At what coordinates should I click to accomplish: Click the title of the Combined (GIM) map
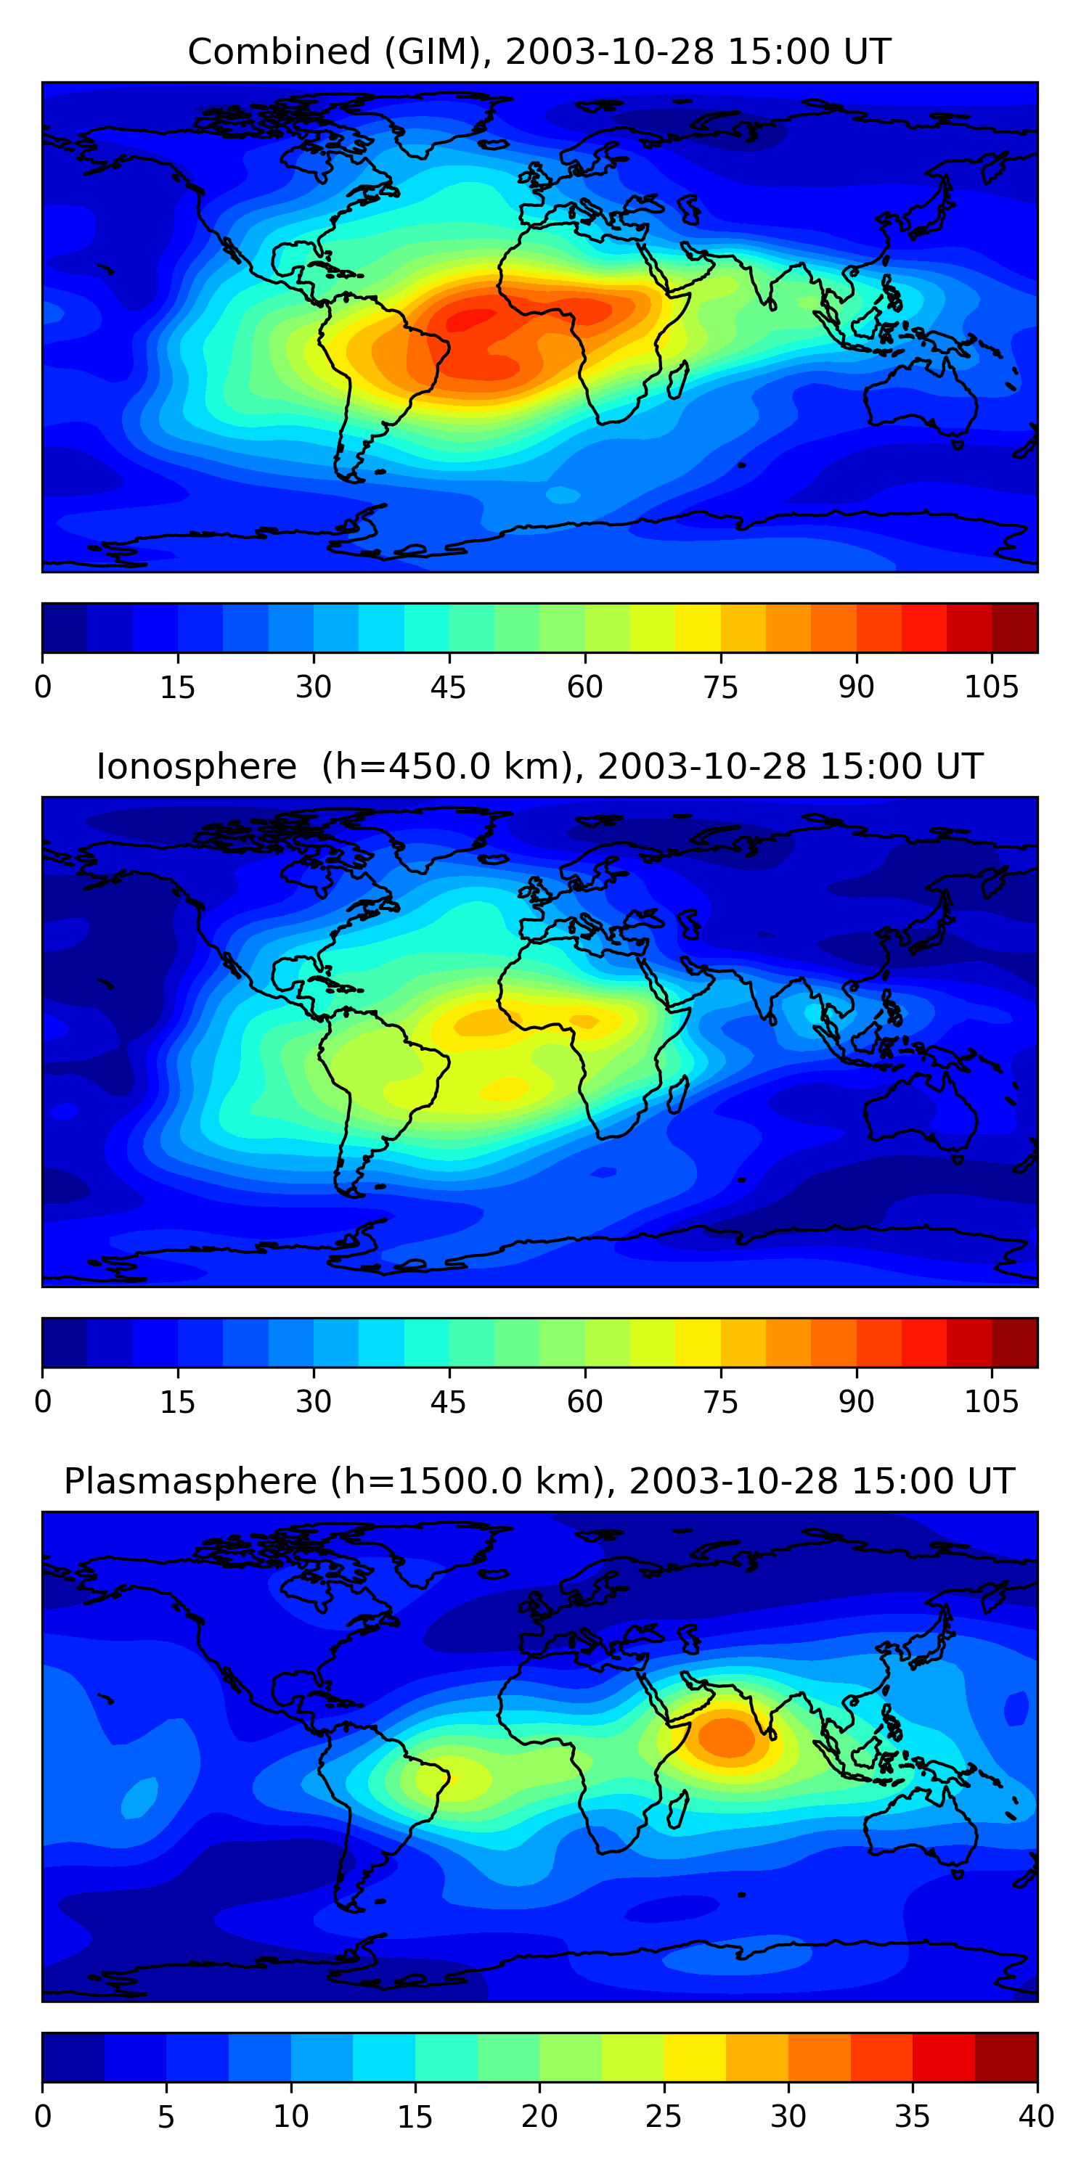pyautogui.click(x=539, y=52)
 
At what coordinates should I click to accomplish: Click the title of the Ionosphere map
pyautogui.click(x=539, y=766)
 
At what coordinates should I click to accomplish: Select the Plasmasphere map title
pyautogui.click(x=539, y=1482)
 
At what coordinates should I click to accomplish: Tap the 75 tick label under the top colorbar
pyautogui.click(x=720, y=688)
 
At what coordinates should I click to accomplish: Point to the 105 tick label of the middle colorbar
pyautogui.click(x=991, y=1402)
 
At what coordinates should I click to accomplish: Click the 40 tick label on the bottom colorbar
pyautogui.click(x=1037, y=2116)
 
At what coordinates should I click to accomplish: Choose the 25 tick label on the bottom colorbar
pyautogui.click(x=664, y=2116)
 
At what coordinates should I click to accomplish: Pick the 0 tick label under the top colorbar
pyautogui.click(x=43, y=688)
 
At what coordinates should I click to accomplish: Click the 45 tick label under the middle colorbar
pyautogui.click(x=448, y=1402)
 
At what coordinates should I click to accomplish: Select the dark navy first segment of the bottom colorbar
pyautogui.click(x=73, y=2057)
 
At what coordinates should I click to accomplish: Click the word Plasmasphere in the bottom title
pyautogui.click(x=190, y=1482)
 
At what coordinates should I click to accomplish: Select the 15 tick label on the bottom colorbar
pyautogui.click(x=415, y=2116)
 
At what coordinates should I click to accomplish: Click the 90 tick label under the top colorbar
pyautogui.click(x=856, y=688)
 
